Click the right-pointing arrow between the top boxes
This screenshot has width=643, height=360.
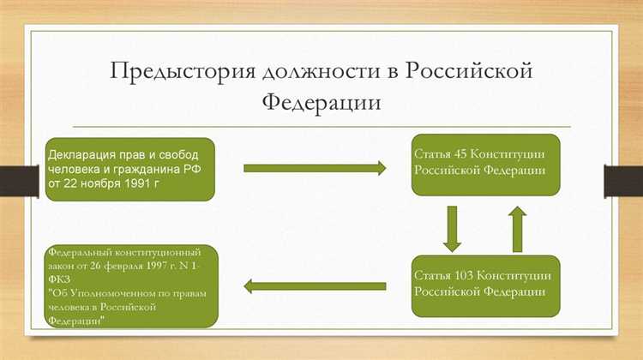click(315, 169)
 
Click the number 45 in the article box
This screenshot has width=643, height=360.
click(458, 153)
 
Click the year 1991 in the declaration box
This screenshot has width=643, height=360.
click(132, 183)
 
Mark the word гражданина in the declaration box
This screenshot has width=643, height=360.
click(141, 168)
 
